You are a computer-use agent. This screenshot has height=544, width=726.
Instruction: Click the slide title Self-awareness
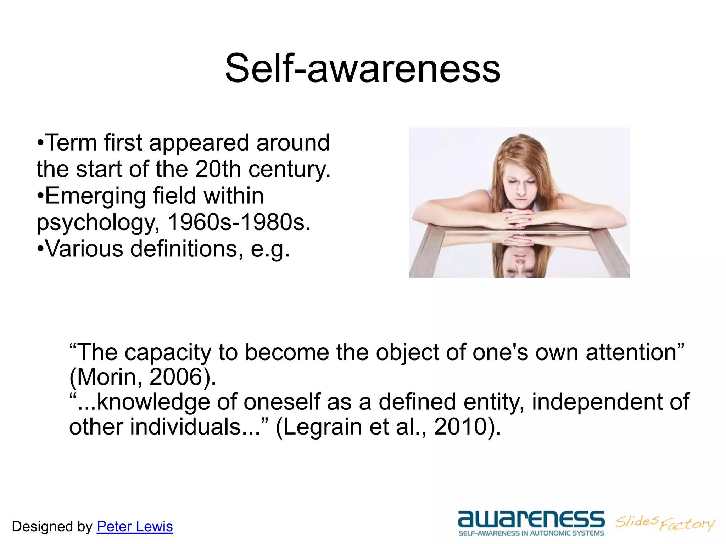(363, 68)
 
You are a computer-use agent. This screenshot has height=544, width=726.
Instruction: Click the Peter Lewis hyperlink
(135, 527)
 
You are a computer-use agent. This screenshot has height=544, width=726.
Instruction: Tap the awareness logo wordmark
(531, 519)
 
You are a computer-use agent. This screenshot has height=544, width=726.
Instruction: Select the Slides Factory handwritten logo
(665, 523)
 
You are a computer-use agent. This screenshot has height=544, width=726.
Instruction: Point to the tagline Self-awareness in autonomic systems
(531, 533)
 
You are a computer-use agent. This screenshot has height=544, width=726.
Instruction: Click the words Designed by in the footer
(52, 527)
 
